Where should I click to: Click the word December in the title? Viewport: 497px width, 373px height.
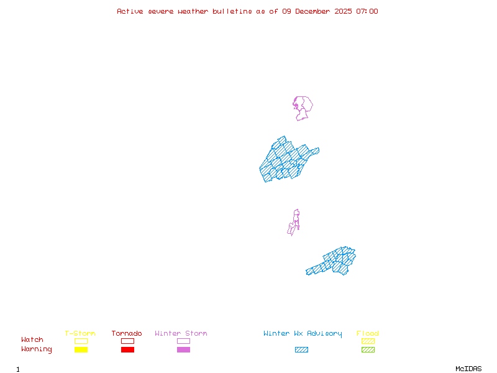click(x=312, y=11)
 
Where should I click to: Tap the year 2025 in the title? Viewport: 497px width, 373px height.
click(x=343, y=11)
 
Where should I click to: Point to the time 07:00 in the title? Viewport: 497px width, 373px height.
click(x=367, y=11)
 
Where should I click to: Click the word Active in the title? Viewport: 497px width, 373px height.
click(x=130, y=11)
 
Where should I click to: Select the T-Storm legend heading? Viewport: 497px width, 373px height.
click(x=80, y=333)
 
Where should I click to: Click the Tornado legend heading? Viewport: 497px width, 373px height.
click(x=127, y=333)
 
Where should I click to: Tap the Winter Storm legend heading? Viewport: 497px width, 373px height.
click(x=181, y=333)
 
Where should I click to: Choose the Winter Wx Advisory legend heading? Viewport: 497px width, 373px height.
click(x=303, y=334)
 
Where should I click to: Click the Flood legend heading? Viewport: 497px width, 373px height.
click(x=368, y=333)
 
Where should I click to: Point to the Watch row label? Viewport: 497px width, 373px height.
click(x=32, y=339)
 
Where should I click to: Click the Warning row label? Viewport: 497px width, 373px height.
click(x=37, y=349)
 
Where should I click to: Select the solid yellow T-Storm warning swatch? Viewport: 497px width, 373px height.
click(x=81, y=349)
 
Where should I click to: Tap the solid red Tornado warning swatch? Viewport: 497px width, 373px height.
click(x=128, y=349)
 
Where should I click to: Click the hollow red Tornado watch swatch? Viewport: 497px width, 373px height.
click(x=128, y=338)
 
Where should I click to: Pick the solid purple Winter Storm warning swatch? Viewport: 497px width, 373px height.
click(x=183, y=349)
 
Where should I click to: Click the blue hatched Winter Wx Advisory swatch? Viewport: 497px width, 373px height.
click(x=301, y=349)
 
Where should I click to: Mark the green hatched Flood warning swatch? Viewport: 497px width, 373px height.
click(x=368, y=349)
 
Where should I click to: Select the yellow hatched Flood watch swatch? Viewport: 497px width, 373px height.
click(x=368, y=341)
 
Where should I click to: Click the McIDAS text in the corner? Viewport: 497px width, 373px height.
click(x=468, y=369)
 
